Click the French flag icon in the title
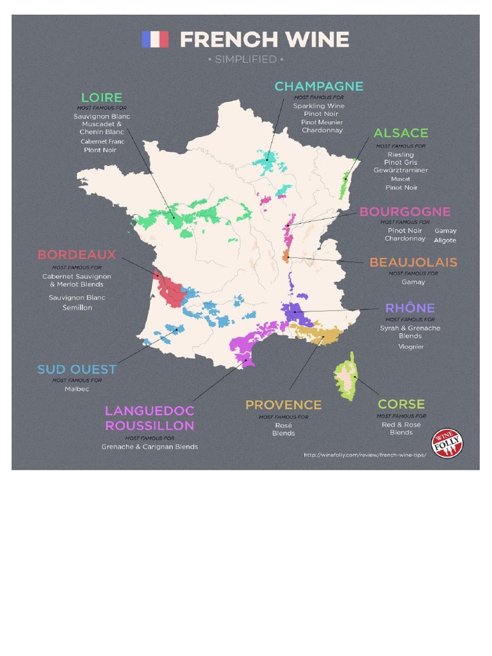154,40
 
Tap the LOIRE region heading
101,98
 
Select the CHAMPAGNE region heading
318,86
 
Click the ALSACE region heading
400,133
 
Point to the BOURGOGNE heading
405,212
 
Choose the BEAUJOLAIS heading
413,263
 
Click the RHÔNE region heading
410,308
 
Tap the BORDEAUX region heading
77,255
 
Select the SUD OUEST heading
77,370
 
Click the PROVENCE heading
283,405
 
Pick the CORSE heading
401,404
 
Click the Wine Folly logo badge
447,443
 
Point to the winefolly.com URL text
365,455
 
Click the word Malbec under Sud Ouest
77,389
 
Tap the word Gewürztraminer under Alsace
400,170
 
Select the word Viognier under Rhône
410,347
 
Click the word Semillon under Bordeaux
77,307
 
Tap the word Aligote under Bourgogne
445,240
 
